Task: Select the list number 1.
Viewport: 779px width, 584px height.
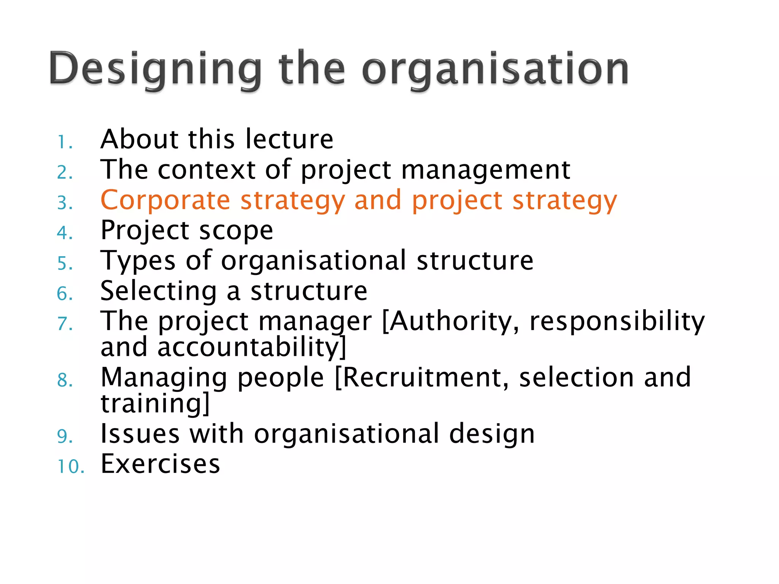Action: coord(64,143)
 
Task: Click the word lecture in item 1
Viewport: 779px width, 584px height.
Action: coord(289,139)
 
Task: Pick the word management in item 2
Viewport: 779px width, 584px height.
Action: coord(486,170)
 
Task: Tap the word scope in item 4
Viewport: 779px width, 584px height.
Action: coord(236,231)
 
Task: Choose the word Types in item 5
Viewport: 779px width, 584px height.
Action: coord(138,261)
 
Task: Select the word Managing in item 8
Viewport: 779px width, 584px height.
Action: coord(164,378)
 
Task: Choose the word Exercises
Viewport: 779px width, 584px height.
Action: coord(160,464)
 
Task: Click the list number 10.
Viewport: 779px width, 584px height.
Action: coord(70,467)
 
